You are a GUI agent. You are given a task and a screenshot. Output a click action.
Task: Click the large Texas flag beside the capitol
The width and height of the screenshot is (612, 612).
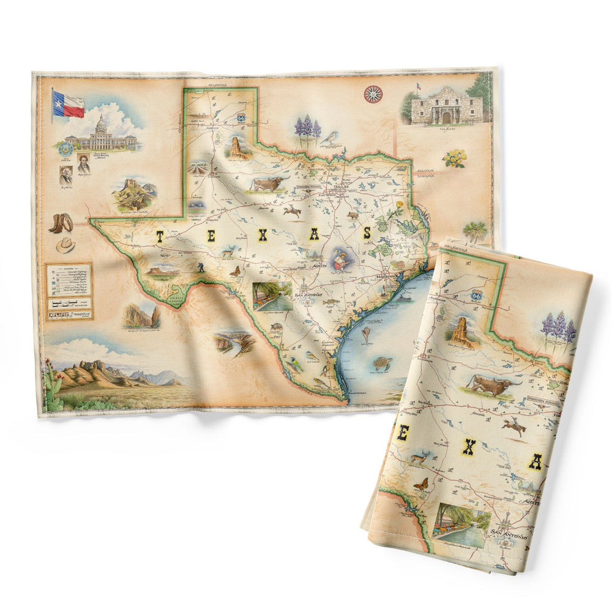[68, 104]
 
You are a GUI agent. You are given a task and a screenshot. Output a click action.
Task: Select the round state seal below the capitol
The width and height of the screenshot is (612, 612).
[65, 149]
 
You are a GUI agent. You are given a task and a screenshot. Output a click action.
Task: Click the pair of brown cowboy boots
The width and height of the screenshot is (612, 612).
[60, 223]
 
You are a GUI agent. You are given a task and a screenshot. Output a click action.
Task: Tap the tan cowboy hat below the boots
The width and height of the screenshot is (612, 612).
[65, 245]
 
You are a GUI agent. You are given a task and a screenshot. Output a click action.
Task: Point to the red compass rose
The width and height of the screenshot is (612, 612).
[373, 94]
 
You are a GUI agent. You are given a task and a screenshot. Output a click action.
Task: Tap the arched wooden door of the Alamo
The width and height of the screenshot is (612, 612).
[447, 117]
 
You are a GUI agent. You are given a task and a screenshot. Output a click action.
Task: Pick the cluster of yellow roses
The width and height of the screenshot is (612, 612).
[455, 158]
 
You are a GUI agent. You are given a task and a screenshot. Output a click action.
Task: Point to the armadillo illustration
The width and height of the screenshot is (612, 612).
[276, 327]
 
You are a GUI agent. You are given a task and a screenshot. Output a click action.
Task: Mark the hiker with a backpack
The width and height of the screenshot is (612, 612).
[201, 267]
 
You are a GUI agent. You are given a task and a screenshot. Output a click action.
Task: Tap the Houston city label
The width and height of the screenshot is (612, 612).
[381, 277]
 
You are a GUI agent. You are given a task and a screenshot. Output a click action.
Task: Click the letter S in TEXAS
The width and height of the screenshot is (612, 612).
[367, 233]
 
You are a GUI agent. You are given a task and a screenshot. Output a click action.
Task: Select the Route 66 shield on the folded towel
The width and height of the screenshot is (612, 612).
[476, 294]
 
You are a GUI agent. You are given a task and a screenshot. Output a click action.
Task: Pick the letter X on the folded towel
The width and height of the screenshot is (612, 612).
[468, 448]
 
